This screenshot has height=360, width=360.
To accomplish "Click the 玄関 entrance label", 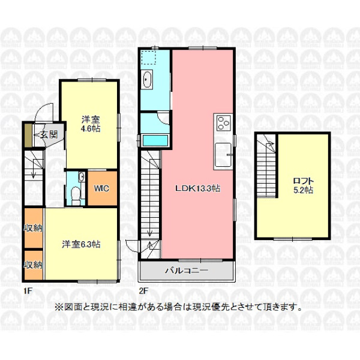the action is point(49,134).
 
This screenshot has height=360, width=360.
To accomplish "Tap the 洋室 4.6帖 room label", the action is point(91,124).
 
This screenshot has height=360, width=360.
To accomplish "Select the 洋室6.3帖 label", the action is point(81,244).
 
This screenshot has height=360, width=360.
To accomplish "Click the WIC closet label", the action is point(101,188).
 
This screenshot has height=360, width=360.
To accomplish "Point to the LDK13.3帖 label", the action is point(197,188).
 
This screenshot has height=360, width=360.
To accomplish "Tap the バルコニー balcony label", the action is point(187,271).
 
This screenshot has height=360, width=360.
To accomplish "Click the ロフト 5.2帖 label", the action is point(303,185).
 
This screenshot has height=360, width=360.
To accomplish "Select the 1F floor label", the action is point(28,291).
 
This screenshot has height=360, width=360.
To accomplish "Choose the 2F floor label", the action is point(143,291).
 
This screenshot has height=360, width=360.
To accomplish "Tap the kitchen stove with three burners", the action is point(224,123).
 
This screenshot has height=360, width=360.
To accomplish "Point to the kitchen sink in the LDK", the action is point(223,155).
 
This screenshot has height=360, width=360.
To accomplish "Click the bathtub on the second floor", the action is point(155,140).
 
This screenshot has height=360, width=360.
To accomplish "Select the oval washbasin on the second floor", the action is point(147,79).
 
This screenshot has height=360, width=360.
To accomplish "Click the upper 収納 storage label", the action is point(34,228).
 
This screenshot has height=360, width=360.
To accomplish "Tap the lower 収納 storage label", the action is point(34,265).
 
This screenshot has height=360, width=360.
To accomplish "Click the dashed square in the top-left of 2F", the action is point(148,58).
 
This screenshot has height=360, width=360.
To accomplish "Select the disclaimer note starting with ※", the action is point(178,307).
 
